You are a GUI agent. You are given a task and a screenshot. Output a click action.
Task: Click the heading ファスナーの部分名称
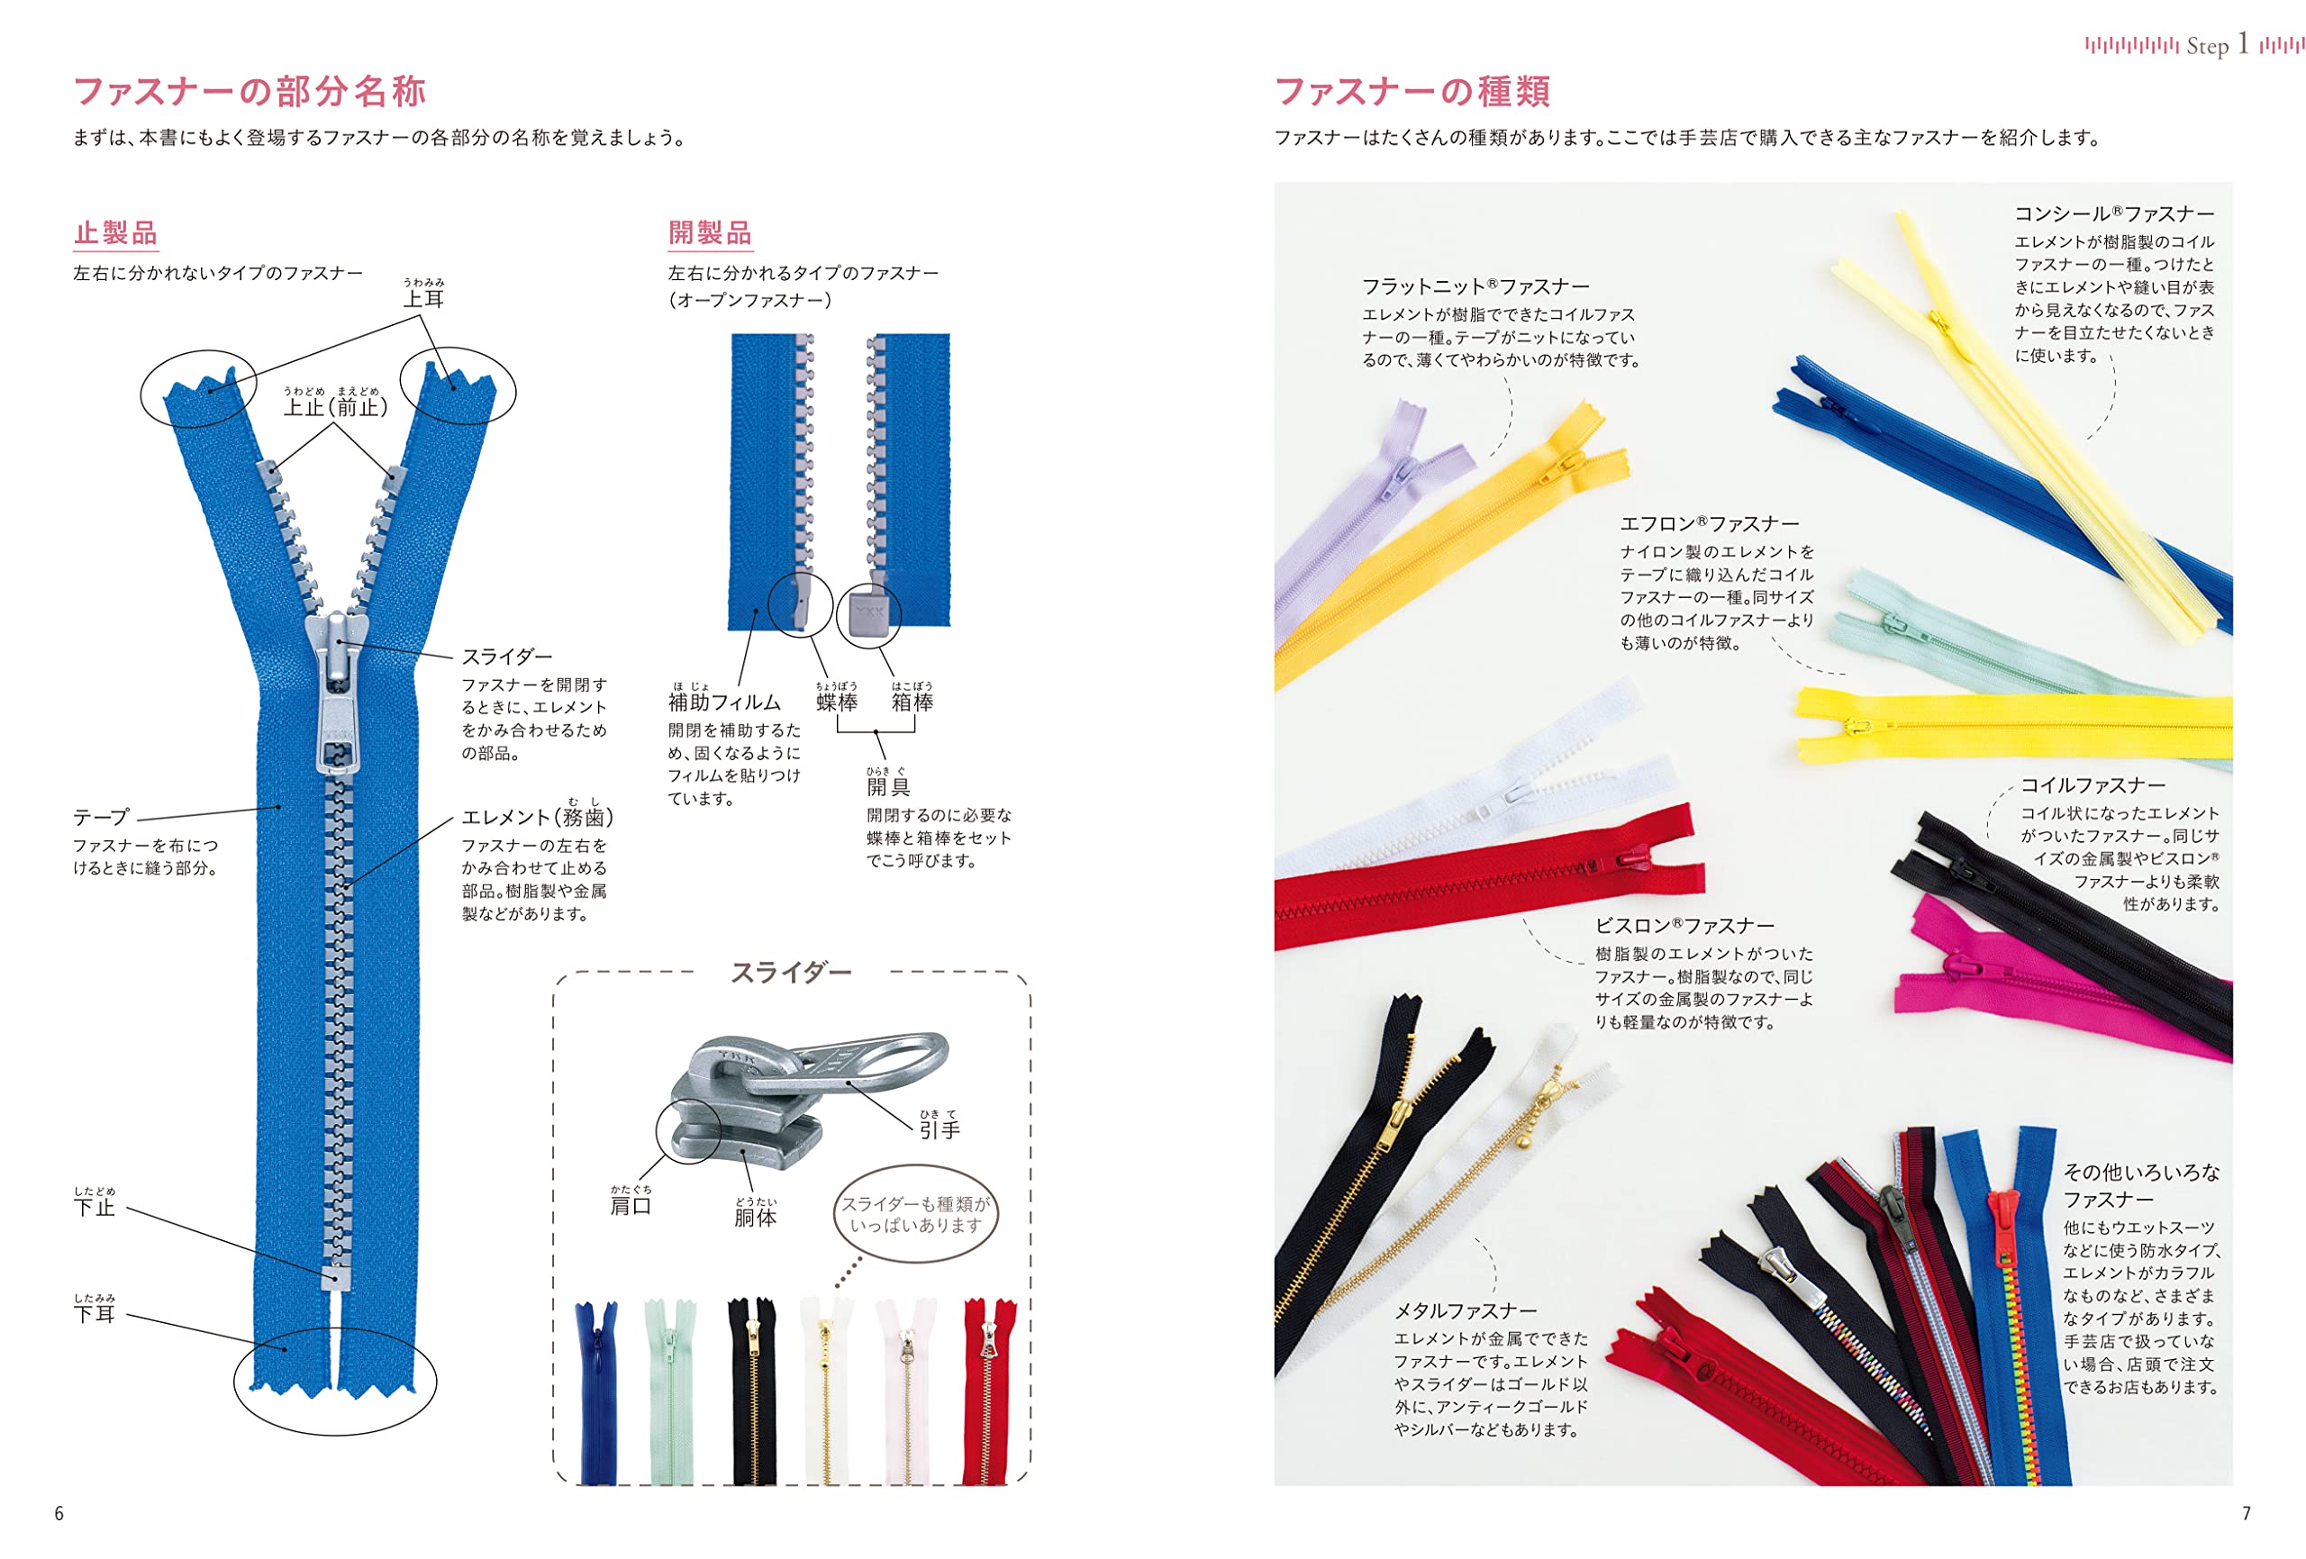[x=250, y=91]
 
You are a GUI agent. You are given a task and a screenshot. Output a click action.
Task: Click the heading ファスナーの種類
[x=1412, y=91]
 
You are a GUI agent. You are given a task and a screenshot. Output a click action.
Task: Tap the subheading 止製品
[x=115, y=233]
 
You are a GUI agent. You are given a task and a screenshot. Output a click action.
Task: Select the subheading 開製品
[x=710, y=233]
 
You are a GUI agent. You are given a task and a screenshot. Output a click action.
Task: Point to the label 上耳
[x=423, y=299]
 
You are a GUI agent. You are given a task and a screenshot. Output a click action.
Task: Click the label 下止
[x=95, y=1207]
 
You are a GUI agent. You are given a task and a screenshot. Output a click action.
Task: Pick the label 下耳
[x=95, y=1314]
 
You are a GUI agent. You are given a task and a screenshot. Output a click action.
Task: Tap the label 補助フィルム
[x=724, y=702]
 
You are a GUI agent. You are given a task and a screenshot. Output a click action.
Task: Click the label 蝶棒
[x=837, y=702]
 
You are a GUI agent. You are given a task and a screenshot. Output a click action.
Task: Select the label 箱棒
[x=912, y=702]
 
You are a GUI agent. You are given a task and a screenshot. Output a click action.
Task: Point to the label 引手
[x=939, y=1130]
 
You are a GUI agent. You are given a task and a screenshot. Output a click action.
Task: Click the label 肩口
[x=631, y=1206]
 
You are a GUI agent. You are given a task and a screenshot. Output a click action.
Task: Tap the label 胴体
[x=755, y=1218]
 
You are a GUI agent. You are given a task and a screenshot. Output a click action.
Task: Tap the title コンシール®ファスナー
[x=2113, y=213]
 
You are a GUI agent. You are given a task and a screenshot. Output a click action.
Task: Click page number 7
[x=2247, y=1513]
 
